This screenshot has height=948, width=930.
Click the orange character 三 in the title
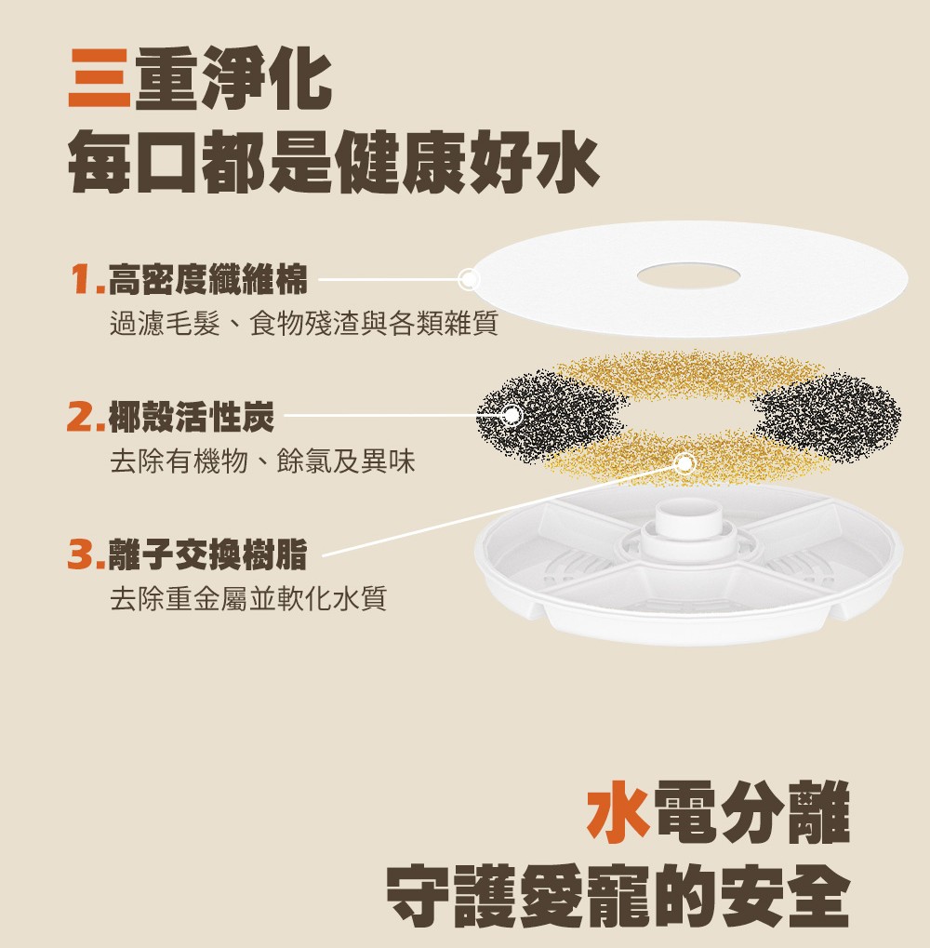100,78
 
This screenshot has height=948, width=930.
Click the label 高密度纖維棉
208,280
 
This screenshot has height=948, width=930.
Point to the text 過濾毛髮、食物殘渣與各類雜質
304,324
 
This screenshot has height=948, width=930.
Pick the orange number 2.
85,417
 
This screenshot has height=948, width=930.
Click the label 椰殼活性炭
192,417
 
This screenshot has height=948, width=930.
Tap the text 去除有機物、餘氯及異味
262,461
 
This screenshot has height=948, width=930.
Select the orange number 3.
85,554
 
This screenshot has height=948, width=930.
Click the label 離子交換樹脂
208,554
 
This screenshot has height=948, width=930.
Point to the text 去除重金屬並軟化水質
247,598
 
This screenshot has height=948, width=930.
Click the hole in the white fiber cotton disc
689,276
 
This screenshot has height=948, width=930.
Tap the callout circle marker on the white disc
468,279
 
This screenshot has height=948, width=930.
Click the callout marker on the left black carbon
511,415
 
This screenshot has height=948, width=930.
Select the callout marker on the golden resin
684,463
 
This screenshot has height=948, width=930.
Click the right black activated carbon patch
828,417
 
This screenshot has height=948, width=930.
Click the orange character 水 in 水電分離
618,811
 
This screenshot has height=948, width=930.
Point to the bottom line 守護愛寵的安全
618,896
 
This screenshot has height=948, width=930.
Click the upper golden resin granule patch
689,374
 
